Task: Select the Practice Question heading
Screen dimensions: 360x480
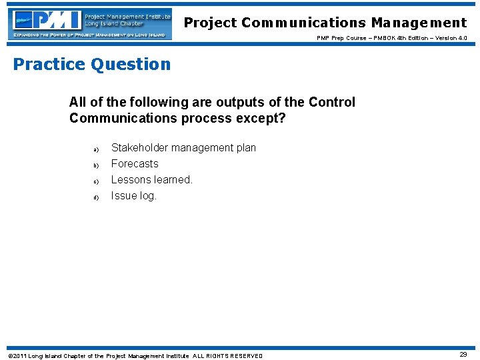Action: click(92, 64)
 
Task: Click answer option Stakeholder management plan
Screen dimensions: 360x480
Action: click(183, 147)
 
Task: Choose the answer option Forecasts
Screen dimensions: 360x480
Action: click(135, 163)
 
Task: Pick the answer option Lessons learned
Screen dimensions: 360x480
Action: click(151, 179)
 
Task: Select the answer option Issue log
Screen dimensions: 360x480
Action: click(133, 195)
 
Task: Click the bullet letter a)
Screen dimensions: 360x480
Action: click(96, 149)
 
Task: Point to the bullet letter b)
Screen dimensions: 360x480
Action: click(96, 165)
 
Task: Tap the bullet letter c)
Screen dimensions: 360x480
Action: click(96, 181)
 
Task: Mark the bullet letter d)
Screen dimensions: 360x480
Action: click(96, 197)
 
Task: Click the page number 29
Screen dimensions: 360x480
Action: click(463, 355)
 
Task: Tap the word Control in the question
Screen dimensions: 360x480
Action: click(331, 102)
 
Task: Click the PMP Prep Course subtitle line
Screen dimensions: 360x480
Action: click(392, 38)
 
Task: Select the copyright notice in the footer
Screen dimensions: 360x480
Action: click(135, 355)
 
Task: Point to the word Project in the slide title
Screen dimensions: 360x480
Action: click(211, 23)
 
